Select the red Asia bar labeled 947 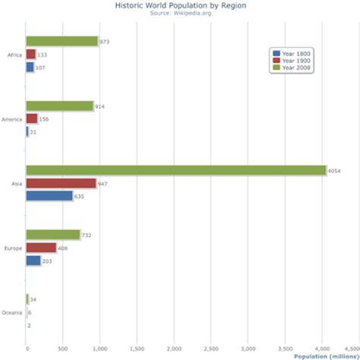click(x=61, y=183)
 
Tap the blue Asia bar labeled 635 click(x=49, y=196)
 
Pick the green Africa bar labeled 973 click(x=62, y=41)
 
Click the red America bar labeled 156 click(x=32, y=118)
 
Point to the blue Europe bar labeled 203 click(x=33, y=261)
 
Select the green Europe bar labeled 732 click(x=53, y=235)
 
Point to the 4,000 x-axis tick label click(x=322, y=349)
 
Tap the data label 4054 click(x=334, y=171)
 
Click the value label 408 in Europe click(x=63, y=248)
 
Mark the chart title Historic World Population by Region click(x=180, y=5)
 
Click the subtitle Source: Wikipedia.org click(x=180, y=13)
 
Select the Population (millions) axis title click(x=326, y=356)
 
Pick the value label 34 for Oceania click(x=33, y=299)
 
